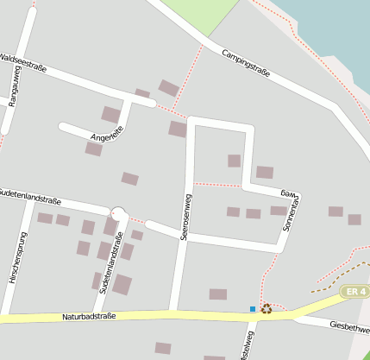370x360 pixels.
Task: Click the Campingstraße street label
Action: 246,63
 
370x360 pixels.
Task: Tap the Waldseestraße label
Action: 23,63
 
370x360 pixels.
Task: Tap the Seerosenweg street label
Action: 183,217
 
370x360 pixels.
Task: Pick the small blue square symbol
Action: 253,309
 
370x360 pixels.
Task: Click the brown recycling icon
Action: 266,308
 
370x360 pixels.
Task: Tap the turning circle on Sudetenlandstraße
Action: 119,213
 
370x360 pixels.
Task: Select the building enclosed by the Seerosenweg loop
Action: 234,161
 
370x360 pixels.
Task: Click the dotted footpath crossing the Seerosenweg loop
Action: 216,184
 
